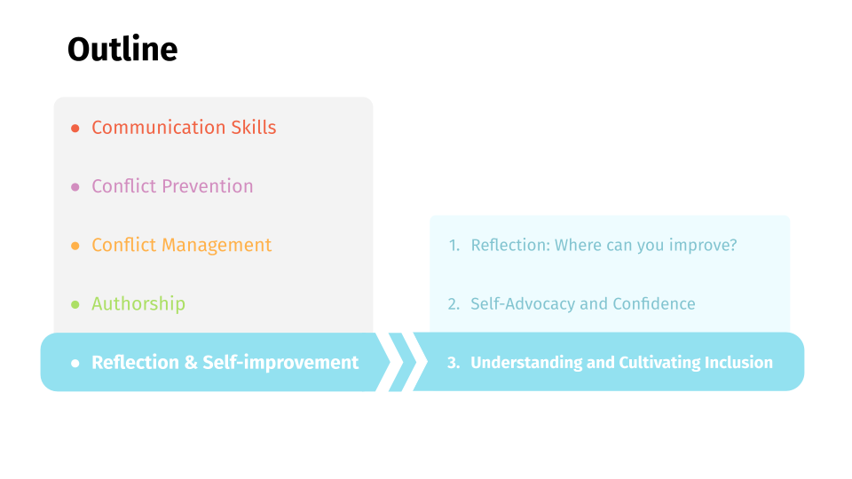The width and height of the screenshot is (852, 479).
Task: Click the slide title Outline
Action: [122, 49]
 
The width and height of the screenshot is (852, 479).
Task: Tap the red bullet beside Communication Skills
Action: [75, 128]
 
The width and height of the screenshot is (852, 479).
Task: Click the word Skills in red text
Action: [254, 127]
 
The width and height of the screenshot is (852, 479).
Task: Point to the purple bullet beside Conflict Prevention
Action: [75, 187]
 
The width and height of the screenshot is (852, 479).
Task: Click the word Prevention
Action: [208, 185]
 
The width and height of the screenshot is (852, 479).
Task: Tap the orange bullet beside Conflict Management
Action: [75, 246]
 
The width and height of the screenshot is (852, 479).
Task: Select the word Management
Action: [217, 245]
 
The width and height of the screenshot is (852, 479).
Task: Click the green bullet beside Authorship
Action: [75, 304]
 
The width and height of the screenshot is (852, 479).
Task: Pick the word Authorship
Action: [138, 303]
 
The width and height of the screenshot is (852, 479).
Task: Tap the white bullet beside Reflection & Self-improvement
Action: [75, 363]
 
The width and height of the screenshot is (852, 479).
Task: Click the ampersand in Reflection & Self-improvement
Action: [191, 362]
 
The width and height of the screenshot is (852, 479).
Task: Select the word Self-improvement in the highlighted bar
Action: [280, 362]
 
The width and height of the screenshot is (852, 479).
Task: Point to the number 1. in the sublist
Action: [454, 246]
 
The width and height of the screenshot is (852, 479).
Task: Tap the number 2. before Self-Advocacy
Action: [454, 304]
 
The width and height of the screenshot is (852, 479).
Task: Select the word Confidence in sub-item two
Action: [654, 303]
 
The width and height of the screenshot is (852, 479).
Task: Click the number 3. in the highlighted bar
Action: [454, 363]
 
